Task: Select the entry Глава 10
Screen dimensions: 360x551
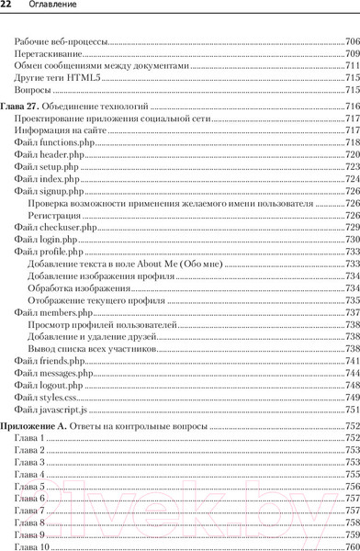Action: point(31,546)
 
